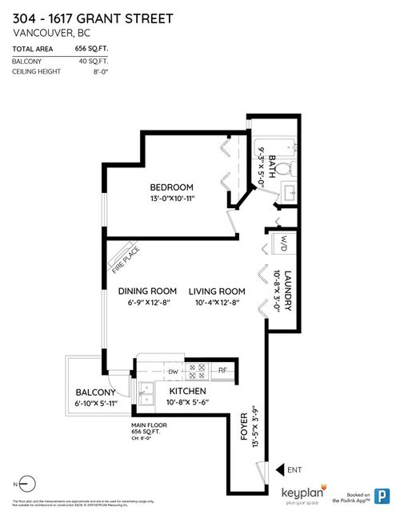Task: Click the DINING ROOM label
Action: click(x=147, y=292)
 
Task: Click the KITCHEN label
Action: click(x=188, y=391)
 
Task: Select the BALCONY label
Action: click(x=96, y=392)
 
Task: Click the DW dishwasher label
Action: click(x=172, y=371)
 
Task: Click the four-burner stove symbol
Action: click(x=197, y=371)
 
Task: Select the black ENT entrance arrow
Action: click(x=280, y=470)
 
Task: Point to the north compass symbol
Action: click(x=27, y=484)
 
